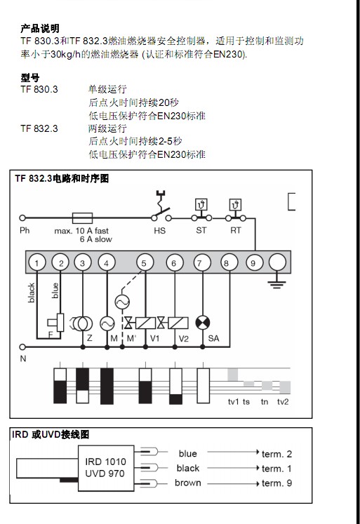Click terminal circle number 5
coord(145,262)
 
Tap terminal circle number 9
coord(253,262)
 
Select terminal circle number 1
coord(36,262)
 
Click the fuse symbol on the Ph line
coord(82,218)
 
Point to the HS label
coord(160,231)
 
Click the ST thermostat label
coord(201,231)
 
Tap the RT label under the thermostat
coord(235,231)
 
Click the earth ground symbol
coord(276,284)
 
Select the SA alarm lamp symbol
coord(203,323)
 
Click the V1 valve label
coord(154,339)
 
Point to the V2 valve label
coord(184,339)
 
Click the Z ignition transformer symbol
coord(82,323)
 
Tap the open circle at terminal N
coord(22,347)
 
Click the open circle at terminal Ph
coord(22,218)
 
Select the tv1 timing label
coord(233,402)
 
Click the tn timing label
coord(265,402)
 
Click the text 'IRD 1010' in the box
coord(106,462)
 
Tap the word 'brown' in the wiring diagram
coord(188,483)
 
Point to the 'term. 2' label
coord(276,454)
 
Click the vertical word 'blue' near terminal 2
coord(55,290)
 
